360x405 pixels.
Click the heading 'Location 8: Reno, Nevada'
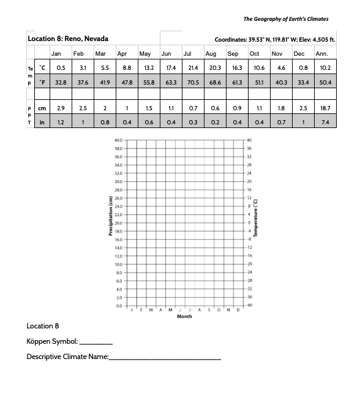68,39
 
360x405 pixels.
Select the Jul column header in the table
188,53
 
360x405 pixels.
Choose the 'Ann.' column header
321,53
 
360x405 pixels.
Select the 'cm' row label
41,108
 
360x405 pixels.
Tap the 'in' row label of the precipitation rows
41,122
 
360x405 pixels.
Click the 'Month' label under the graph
184,317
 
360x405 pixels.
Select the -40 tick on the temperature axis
249,305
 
